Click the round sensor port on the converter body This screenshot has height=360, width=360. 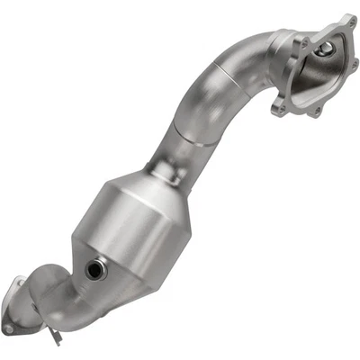coord(94,267)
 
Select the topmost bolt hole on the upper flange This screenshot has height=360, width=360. coord(346,20)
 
